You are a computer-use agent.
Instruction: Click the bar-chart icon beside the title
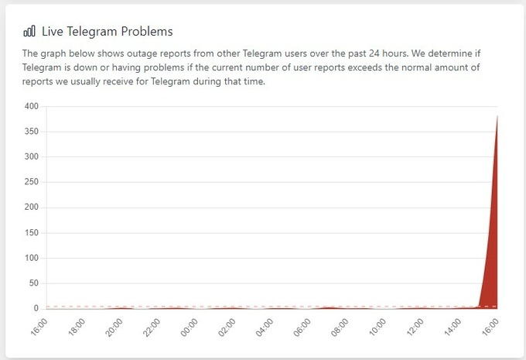tap(29, 32)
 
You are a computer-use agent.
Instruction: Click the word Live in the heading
tap(53, 32)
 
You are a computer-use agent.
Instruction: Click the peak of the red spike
tap(497, 116)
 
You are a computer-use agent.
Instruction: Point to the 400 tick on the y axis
tap(30, 106)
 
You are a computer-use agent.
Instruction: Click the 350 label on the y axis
tap(30, 132)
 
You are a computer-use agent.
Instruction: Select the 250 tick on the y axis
tap(30, 182)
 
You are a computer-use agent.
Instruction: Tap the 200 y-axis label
tap(30, 207)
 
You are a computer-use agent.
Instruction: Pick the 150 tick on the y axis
tap(30, 232)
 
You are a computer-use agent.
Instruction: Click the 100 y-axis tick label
tap(30, 258)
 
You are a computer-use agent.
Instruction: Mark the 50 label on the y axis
tap(32, 283)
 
